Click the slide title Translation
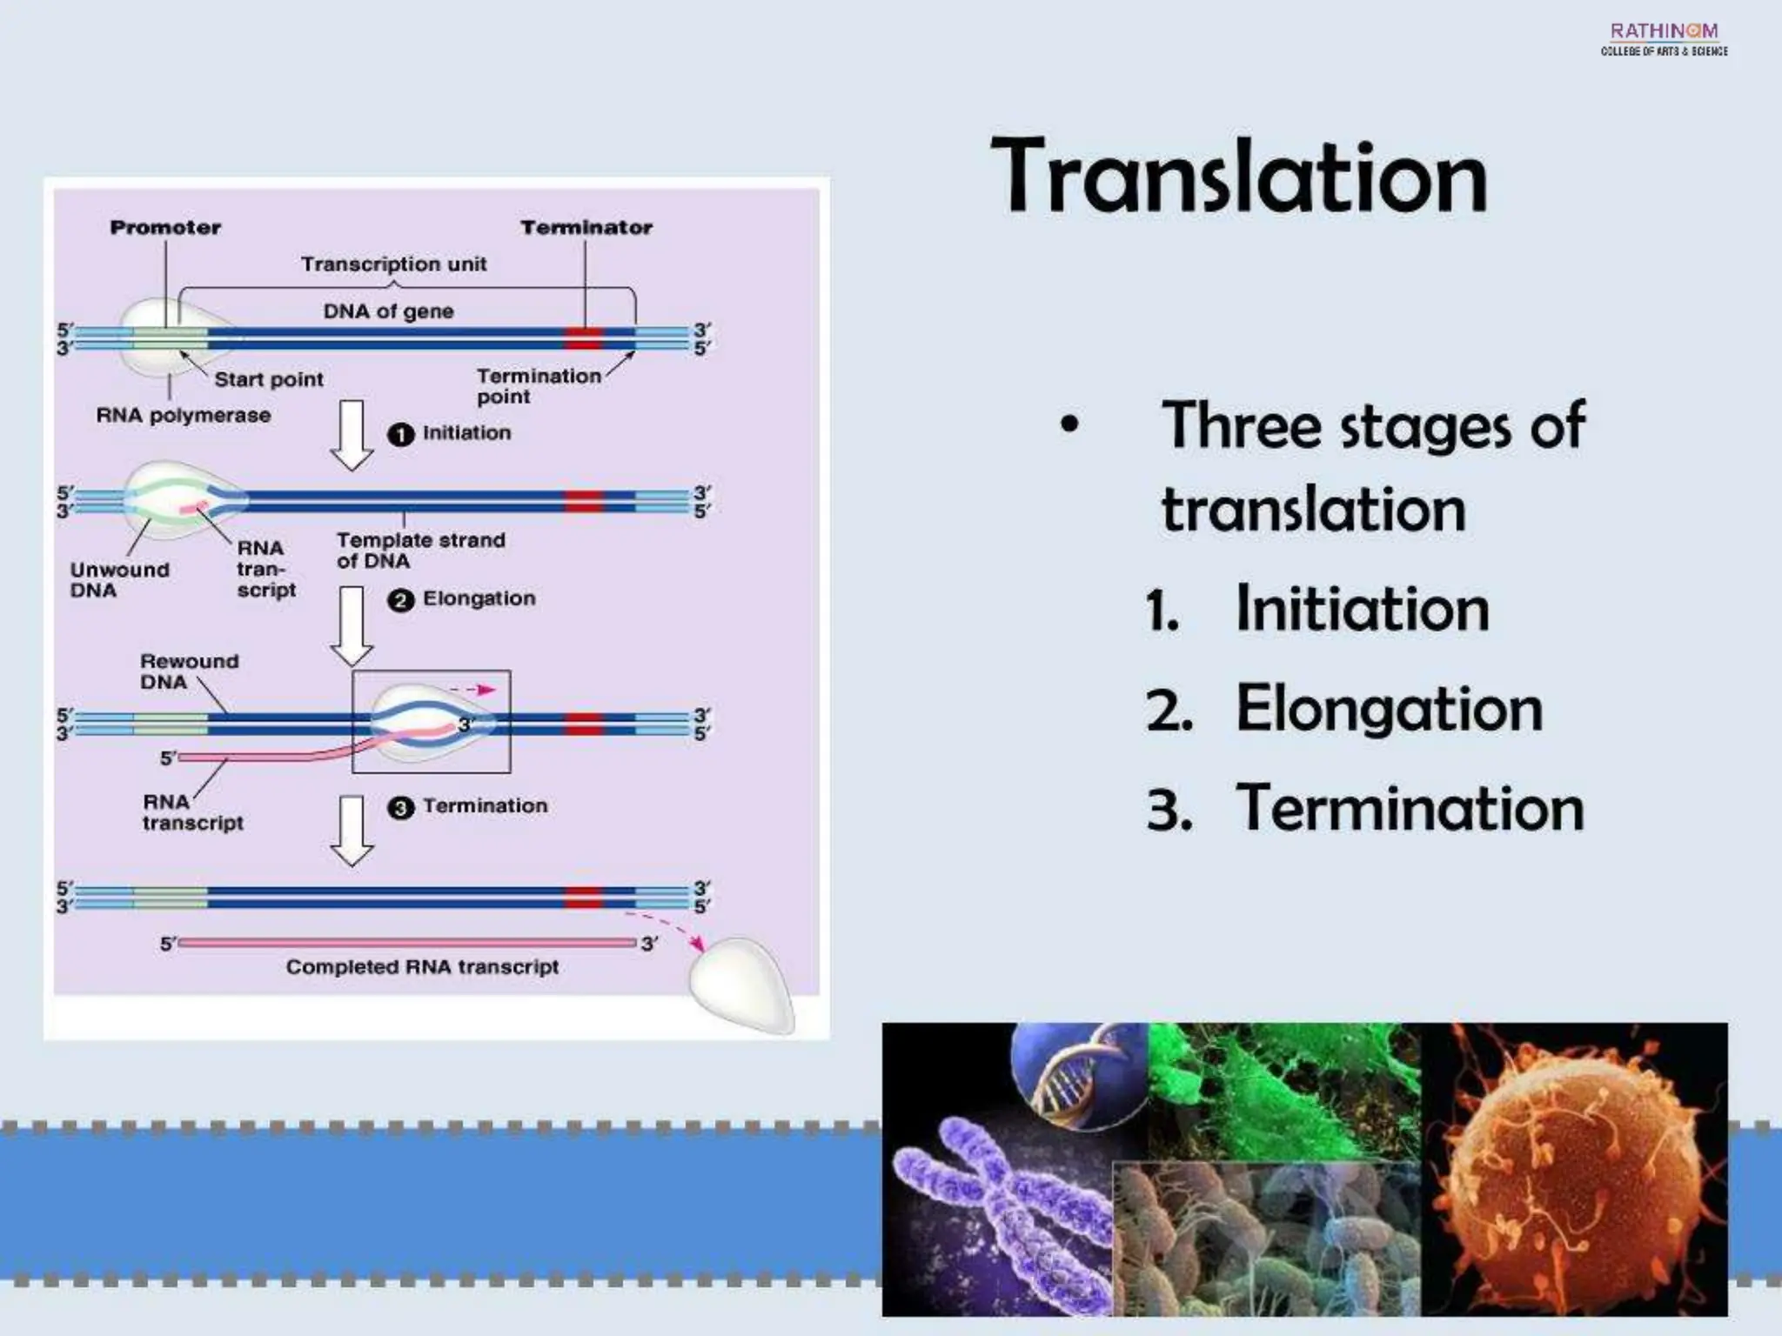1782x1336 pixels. (x=1239, y=177)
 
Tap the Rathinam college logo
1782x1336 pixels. (x=1664, y=39)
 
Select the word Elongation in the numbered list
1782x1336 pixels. (x=1389, y=708)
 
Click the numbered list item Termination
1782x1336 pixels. (x=1410, y=808)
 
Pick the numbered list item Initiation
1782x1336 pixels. (x=1362, y=609)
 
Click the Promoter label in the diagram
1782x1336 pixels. (x=165, y=228)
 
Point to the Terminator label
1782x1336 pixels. (x=586, y=228)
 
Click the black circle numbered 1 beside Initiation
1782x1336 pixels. (x=400, y=434)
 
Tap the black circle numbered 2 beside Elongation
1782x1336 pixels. (x=400, y=600)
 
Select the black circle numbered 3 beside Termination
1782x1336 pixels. (x=400, y=808)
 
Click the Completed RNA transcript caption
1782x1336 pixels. (x=422, y=967)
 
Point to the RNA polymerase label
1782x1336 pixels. (x=183, y=416)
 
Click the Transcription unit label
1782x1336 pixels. (x=393, y=264)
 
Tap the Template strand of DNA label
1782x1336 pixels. (x=420, y=551)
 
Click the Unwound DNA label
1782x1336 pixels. (x=118, y=580)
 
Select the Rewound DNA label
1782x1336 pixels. (x=188, y=671)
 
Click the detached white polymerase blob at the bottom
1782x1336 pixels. (x=742, y=985)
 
